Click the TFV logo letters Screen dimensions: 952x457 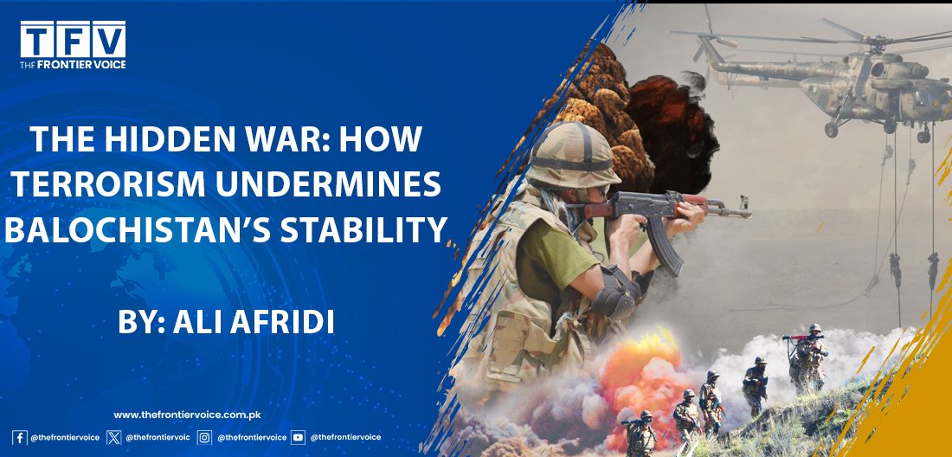73,40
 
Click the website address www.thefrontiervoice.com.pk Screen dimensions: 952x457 187,415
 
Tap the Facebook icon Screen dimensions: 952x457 19,437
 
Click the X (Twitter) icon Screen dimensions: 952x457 113,437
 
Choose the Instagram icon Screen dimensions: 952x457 204,437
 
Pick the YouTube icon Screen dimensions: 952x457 298,437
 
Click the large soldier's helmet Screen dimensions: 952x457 570,154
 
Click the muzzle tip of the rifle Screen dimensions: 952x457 749,214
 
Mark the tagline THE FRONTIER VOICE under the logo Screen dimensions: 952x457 73,64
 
